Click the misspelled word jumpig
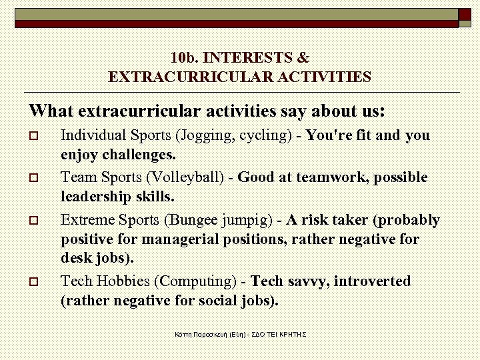[248, 220]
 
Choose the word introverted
[373, 281]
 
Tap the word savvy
[305, 281]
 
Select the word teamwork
[333, 177]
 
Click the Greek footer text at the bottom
[240, 333]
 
